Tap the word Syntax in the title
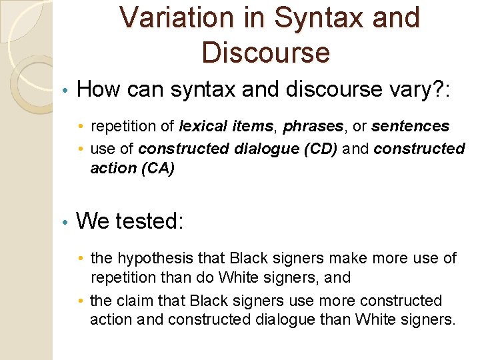pos(306,18)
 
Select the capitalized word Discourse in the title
pos(265,52)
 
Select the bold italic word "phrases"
pos(312,126)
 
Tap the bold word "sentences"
pos(410,126)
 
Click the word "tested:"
pos(150,220)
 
